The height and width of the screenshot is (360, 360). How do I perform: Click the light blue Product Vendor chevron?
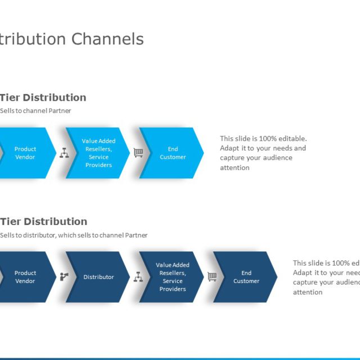point(25,153)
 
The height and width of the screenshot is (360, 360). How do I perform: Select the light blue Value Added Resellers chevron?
point(98,153)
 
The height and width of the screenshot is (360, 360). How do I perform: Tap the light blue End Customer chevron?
point(172,153)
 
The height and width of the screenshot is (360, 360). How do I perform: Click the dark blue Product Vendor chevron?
point(25,277)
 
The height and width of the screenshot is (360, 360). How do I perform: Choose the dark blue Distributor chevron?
point(98,277)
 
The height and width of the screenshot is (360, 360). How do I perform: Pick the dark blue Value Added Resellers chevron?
point(172,277)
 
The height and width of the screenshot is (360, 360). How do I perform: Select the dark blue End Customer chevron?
point(246,277)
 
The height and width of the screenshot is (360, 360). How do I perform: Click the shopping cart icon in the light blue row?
point(138,152)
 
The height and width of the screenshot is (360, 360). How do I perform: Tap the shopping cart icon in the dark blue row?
point(212,276)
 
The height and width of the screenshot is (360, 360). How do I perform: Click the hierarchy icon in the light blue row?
point(64,152)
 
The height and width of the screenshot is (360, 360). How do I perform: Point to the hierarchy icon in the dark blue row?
point(138,276)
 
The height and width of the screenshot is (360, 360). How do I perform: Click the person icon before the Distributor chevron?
point(64,276)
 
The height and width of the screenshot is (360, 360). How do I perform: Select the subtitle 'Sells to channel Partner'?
point(35,111)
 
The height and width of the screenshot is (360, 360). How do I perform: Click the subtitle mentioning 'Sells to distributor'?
point(74,235)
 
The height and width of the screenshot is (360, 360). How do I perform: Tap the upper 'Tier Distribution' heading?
point(43,97)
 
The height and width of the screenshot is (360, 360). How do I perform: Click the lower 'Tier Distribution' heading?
point(43,222)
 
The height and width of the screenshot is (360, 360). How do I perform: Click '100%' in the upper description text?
point(269,138)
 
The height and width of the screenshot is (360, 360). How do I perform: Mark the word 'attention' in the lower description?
point(308,292)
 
